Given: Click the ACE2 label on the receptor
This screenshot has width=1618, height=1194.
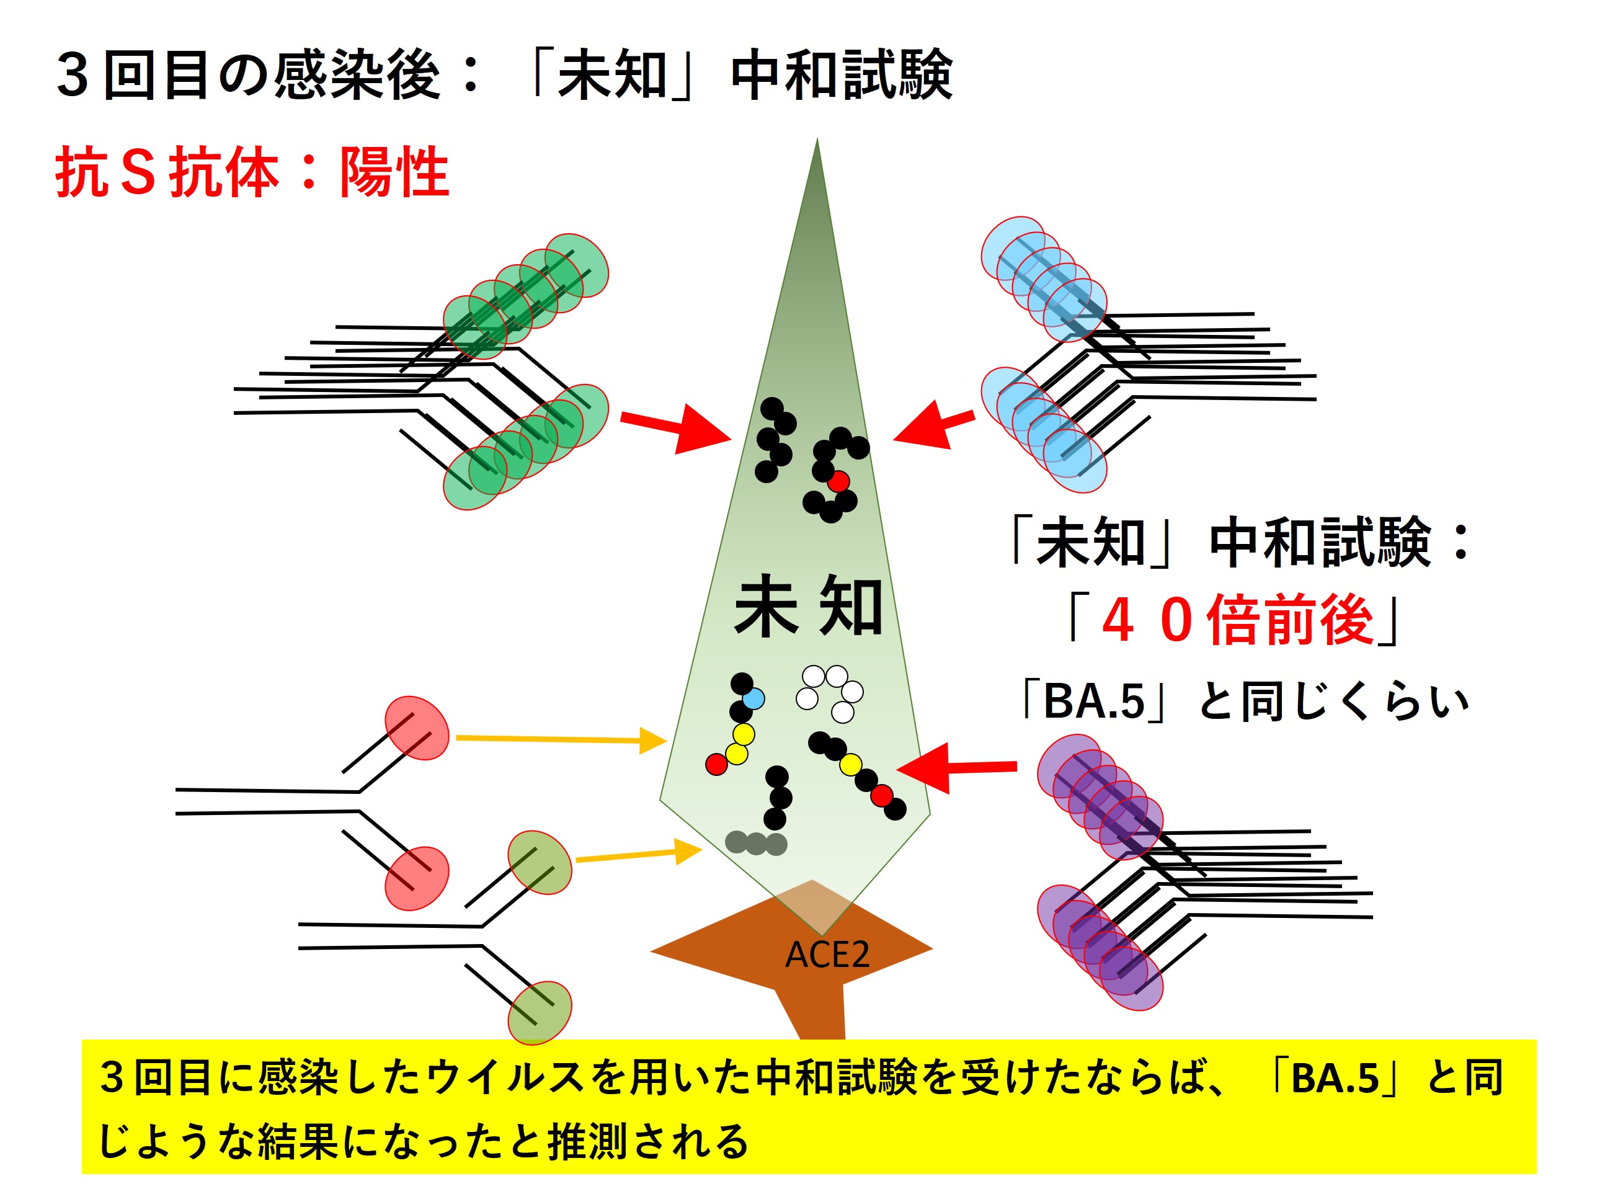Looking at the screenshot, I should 827,955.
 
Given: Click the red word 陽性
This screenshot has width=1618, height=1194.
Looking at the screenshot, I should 394,172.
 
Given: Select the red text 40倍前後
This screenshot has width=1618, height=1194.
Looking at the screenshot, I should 1237,620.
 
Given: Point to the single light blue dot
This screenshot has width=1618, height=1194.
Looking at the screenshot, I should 753,699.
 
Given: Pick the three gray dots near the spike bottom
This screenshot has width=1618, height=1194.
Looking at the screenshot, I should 756,843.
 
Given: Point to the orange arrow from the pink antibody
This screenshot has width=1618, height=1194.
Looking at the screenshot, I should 561,739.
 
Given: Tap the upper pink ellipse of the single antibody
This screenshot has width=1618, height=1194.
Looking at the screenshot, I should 416,728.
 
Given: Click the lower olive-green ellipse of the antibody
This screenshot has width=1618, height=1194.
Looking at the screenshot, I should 539,1012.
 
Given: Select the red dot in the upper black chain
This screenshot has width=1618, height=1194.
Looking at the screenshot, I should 838,481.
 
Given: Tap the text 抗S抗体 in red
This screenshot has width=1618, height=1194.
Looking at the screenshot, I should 167,172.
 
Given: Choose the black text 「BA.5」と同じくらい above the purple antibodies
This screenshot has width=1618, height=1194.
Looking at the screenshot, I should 1243,701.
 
